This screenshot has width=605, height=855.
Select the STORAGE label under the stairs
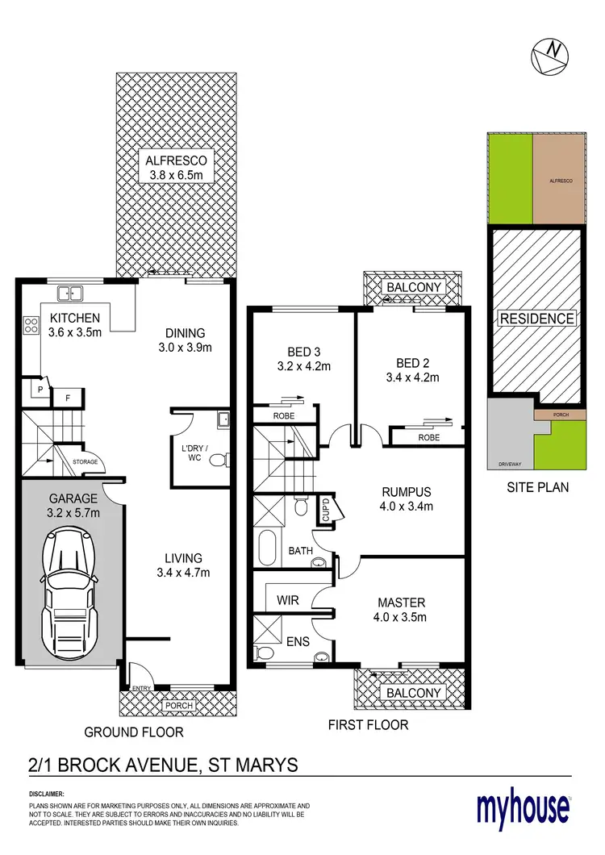86,462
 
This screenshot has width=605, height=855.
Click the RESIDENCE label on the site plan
537,319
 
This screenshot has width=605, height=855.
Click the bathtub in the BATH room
267,548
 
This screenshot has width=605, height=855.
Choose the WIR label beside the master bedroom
288,601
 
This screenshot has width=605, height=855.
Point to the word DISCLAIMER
47,795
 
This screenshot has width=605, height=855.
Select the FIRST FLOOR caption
368,724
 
